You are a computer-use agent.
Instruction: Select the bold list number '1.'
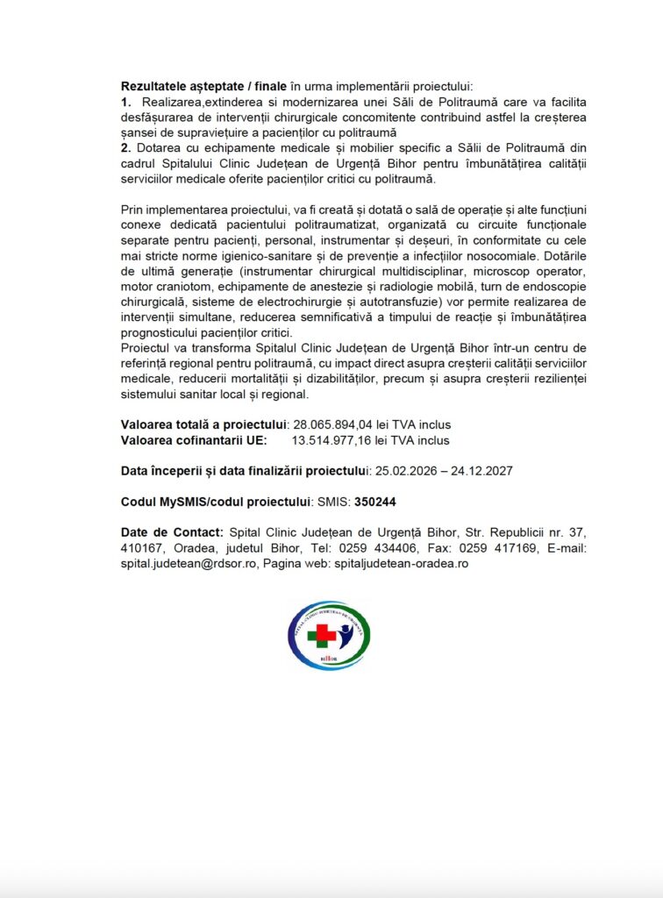coord(126,102)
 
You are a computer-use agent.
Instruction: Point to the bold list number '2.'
coord(126,147)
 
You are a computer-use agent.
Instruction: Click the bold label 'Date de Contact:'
coord(172,533)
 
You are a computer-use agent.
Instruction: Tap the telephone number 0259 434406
coord(378,549)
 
